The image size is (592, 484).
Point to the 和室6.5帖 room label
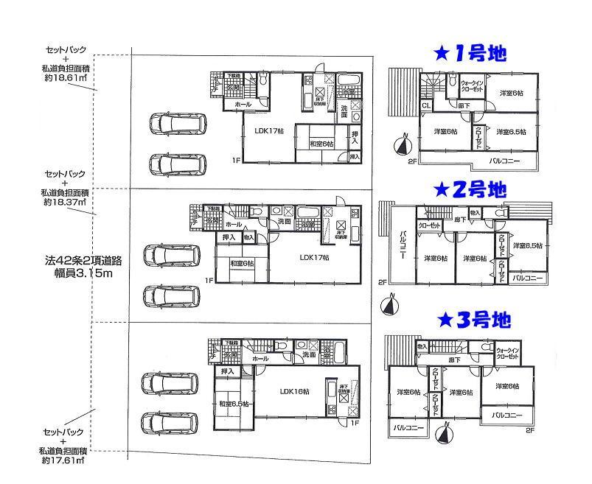click(x=234, y=403)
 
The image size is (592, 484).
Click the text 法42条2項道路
click(x=77, y=261)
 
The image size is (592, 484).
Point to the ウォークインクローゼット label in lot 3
click(x=508, y=353)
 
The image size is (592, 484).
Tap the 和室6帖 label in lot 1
click(x=321, y=144)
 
